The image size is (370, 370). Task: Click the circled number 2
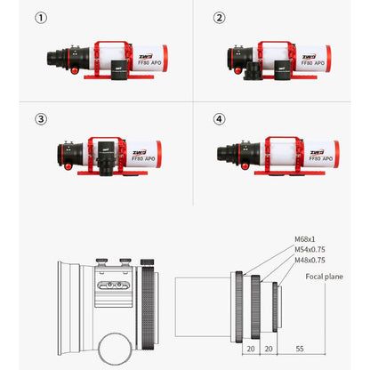point(220,17)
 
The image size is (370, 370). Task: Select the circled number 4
point(220,118)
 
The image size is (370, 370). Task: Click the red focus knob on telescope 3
point(67,165)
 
